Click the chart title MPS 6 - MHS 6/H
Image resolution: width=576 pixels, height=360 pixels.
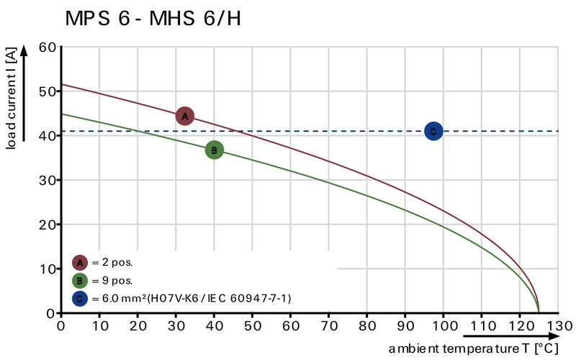(153, 19)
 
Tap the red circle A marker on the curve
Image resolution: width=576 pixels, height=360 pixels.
(185, 116)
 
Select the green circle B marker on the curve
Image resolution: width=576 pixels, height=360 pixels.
(214, 150)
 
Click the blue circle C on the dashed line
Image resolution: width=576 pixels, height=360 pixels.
(433, 131)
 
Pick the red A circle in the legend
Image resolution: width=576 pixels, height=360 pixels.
(80, 262)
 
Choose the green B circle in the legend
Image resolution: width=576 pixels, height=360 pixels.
(80, 281)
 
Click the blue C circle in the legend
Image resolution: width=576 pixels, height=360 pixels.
(80, 298)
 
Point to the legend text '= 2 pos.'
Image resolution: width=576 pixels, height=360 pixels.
(112, 262)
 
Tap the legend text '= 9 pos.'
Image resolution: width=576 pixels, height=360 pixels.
(112, 281)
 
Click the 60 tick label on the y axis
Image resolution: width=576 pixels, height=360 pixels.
(48, 47)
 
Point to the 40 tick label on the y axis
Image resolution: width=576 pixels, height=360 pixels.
(48, 135)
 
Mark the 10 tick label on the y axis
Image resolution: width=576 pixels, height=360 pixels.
(48, 269)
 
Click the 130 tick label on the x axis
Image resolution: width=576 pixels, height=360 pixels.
(559, 325)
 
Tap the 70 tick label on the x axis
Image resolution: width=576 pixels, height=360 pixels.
(329, 325)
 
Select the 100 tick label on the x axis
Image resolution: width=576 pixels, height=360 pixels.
(444, 325)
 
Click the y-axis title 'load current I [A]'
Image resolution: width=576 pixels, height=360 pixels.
(11, 98)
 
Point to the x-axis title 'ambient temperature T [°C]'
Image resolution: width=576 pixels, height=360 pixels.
(474, 348)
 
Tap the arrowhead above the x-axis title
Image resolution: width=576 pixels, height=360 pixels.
(554, 336)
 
